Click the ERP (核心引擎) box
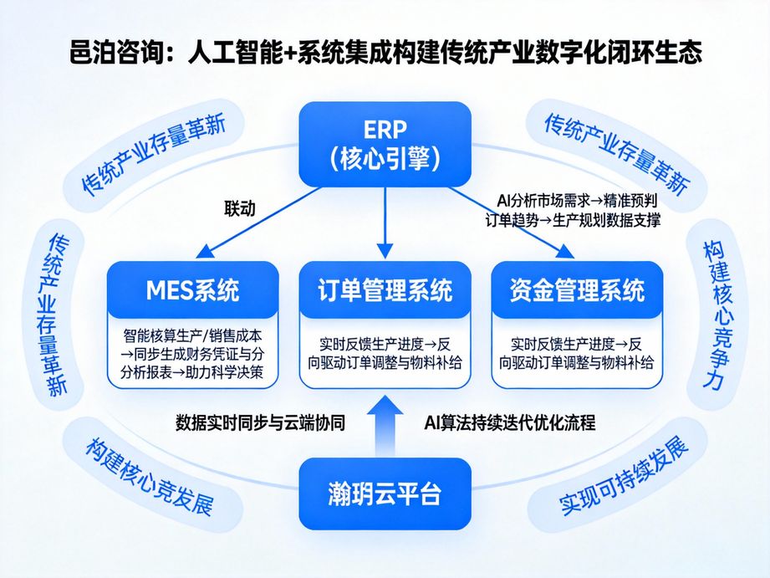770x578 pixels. coord(385,144)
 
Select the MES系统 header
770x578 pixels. coord(192,289)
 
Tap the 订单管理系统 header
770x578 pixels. coord(385,289)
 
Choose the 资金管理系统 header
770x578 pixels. coord(577,289)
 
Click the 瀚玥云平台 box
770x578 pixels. coord(385,494)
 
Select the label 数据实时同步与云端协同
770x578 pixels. coord(260,422)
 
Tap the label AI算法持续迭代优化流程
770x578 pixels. coord(510,422)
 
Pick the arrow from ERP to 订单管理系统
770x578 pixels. coord(385,222)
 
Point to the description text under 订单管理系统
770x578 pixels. coord(385,354)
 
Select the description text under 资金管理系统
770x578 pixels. coord(577,354)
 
